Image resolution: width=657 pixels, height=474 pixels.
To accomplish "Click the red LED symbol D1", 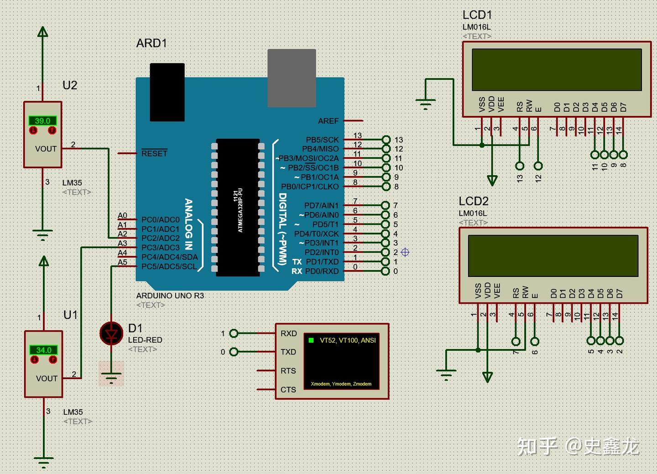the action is pos(111,333).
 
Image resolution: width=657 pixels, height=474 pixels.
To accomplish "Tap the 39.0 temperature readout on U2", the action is pos(42,121).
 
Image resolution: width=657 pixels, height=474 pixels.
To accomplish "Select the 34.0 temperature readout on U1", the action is pos(44,350).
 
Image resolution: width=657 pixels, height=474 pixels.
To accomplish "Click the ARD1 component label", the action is pos(151,43).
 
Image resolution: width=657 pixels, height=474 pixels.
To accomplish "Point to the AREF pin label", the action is pos(328,121).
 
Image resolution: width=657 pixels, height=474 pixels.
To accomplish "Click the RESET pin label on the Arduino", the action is pos(154,153).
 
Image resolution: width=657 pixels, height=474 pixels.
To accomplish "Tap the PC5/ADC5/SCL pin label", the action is pos(169,266).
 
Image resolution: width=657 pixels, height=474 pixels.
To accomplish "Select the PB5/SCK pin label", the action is pos(322,140).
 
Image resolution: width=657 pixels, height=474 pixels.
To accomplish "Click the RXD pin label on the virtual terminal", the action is pos(289,333).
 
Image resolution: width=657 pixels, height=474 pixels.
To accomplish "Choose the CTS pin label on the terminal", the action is pos(288,390).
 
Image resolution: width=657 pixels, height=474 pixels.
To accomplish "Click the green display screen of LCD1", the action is pos(557,69).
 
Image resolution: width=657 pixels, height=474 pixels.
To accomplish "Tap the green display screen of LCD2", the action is pos(553,255).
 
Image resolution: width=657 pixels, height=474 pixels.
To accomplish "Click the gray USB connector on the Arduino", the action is pos(292,78).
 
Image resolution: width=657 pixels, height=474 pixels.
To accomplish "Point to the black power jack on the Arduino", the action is pos(167,92).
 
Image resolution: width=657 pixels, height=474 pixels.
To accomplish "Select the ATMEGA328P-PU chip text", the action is pos(240,210).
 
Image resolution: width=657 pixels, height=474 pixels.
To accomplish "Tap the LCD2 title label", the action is pos(474,201).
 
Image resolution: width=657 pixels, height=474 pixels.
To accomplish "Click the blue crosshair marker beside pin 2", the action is pos(405,252).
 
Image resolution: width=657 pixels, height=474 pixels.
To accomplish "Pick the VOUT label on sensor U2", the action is pos(46,149).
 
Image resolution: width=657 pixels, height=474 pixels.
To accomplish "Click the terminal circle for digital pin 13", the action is pos(386,140).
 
